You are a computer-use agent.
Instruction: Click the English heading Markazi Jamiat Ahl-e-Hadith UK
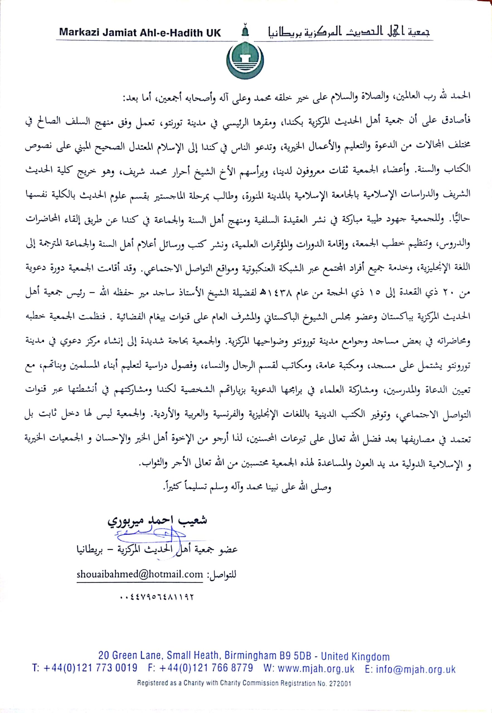(x=140, y=33)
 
